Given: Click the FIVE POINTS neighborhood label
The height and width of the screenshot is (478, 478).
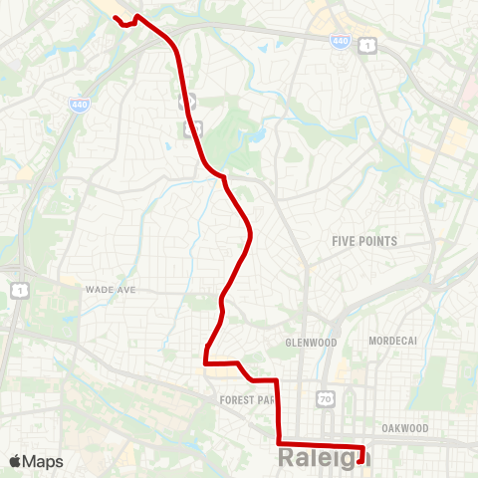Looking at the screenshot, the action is pos(364,241).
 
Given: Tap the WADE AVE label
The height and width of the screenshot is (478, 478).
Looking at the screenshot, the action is pos(110,289).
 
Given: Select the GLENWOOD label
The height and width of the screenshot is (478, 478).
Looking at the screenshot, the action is pos(311,342).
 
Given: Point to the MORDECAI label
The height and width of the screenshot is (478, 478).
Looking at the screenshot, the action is pos(391,341).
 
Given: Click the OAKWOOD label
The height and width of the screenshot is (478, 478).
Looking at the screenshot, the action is pos(404,428).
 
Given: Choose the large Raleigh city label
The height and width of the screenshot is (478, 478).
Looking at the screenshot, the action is pos(325,458).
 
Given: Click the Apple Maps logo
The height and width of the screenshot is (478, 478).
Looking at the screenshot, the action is pos(36,461).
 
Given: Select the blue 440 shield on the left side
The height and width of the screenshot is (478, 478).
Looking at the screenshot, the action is pos(79,104).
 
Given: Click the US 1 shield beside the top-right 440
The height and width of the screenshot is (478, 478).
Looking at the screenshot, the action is pos(368,45).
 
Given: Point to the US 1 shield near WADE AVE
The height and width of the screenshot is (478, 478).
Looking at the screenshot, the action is pos(17,289).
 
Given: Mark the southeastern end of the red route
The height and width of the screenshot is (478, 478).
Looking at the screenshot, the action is pos(359,459).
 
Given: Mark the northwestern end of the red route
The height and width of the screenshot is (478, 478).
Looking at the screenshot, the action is pos(116,18).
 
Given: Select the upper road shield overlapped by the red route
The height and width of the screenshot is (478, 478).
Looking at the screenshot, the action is pos(184,100).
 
